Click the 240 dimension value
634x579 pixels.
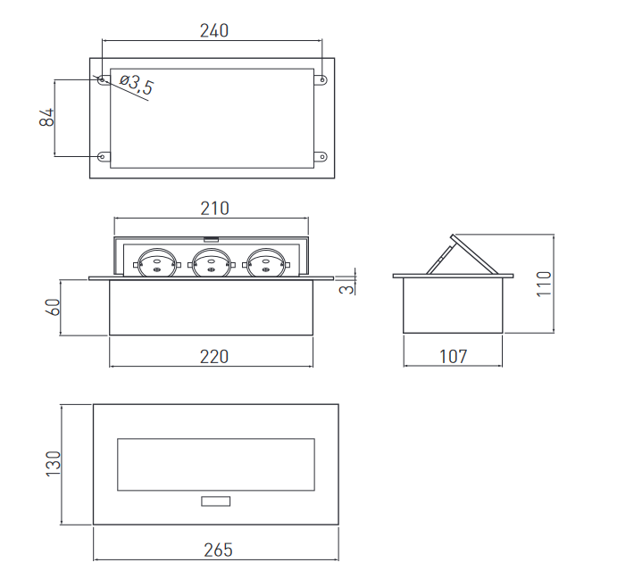pos(214,30)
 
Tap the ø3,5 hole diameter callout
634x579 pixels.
pos(138,85)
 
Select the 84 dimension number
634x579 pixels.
pos(47,117)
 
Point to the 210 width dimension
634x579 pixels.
pos(214,209)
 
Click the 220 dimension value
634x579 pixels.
pos(214,357)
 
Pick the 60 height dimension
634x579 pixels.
pos(53,307)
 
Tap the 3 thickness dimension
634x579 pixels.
pos(347,289)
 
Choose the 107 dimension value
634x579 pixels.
pos(454,356)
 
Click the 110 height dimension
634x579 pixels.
pos(544,285)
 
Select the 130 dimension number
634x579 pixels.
pos(53,464)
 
